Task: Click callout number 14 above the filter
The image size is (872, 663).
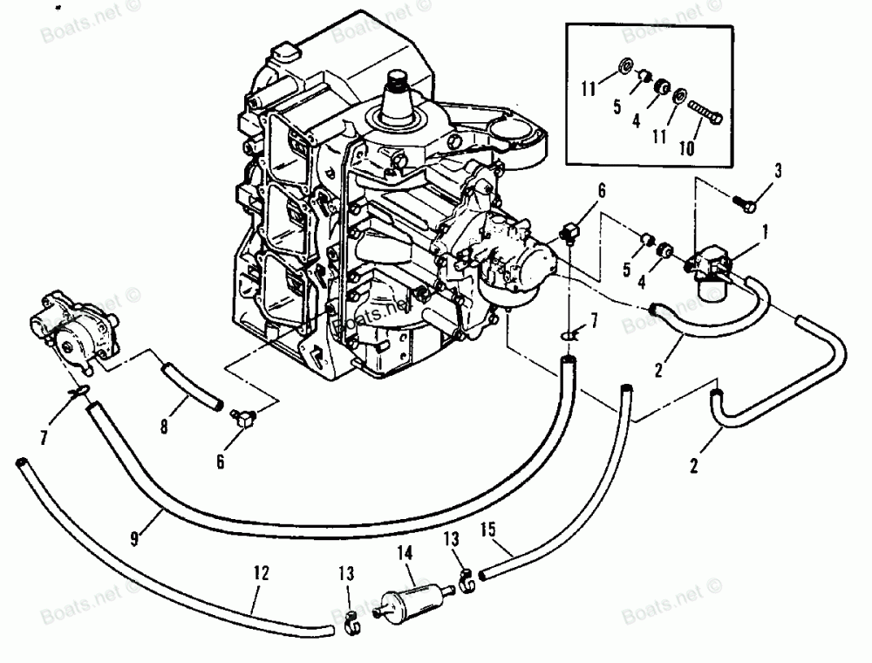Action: [x=404, y=553]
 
